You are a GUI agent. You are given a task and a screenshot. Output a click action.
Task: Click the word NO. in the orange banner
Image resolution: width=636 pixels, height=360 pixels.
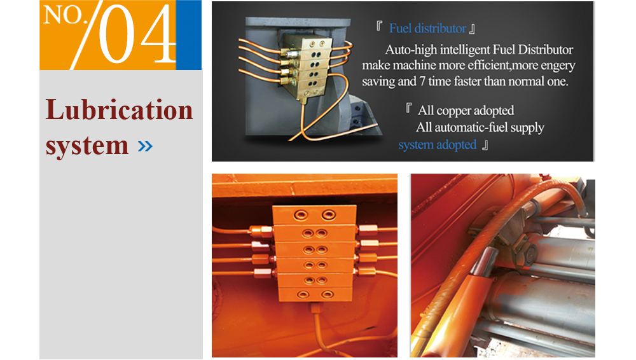(x=63, y=15)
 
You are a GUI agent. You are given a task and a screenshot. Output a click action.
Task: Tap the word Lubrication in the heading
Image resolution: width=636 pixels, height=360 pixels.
(x=120, y=110)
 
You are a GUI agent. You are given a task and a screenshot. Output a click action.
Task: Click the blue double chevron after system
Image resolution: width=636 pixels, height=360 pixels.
(x=145, y=146)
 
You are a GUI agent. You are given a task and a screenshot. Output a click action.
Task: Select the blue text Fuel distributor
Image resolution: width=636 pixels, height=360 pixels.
(x=427, y=29)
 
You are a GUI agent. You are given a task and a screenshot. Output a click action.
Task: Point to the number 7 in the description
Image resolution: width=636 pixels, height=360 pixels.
(x=422, y=81)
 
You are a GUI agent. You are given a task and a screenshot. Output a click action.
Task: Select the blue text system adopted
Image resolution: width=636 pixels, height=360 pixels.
(x=438, y=145)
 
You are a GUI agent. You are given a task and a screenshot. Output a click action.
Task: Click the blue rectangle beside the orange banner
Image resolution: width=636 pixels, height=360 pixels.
(x=189, y=35)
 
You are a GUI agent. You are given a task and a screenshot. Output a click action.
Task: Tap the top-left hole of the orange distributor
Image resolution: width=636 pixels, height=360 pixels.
(x=301, y=214)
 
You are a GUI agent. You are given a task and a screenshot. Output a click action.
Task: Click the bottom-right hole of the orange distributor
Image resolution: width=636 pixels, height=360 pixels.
(x=327, y=294)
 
